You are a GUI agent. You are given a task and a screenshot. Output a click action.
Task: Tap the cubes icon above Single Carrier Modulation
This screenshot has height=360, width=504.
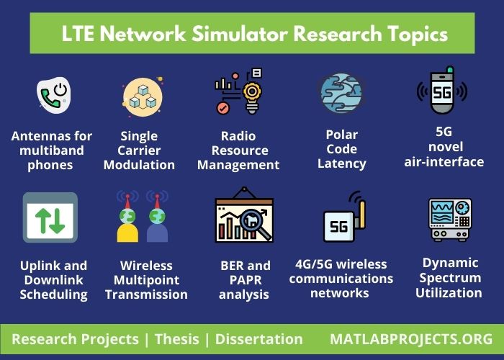point(141,97)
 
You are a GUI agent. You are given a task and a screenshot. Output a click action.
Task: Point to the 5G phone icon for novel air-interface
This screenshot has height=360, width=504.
point(442,91)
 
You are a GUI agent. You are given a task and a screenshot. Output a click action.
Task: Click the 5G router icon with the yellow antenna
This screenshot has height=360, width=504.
point(344,220)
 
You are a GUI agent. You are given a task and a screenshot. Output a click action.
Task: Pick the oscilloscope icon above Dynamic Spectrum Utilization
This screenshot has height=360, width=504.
point(450,219)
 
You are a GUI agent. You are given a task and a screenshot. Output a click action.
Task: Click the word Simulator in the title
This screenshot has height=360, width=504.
point(224,34)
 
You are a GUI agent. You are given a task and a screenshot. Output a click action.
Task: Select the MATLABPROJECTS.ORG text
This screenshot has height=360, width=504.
point(411,339)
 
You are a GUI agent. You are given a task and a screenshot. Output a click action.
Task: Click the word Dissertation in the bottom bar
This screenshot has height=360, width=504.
point(259,339)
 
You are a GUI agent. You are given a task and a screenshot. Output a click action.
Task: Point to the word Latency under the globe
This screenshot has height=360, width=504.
point(341,163)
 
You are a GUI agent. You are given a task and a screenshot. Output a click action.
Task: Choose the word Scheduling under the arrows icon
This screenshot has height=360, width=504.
point(53,294)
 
